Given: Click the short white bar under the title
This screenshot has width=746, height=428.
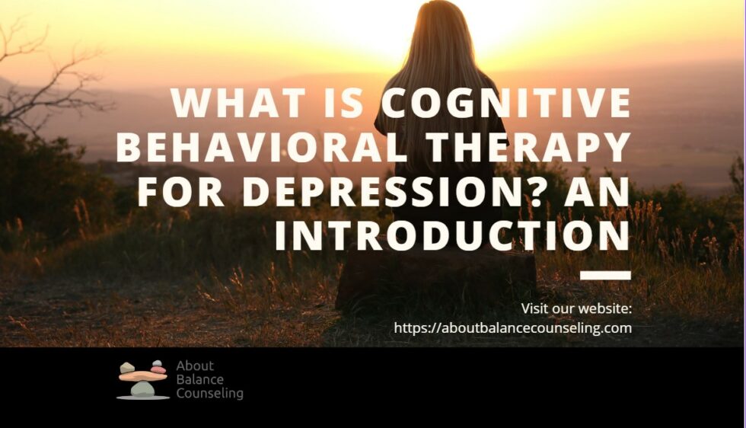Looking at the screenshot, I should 605,275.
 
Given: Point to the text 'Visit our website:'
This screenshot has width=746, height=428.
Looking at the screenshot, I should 576,308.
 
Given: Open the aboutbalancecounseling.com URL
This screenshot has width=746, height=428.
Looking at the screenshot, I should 512,328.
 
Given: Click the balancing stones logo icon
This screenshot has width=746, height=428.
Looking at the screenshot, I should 142,379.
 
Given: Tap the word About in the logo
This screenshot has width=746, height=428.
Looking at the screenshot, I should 195,366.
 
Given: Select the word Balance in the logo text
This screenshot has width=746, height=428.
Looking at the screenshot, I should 200,380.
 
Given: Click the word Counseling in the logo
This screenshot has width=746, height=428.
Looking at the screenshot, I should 209,394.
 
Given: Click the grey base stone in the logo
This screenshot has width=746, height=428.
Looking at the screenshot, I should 142,389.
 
